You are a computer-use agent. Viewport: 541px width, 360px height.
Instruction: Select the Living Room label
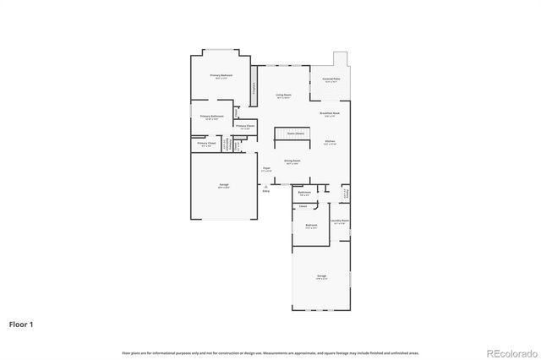283,95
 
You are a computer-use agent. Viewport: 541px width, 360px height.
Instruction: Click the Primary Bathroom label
212,117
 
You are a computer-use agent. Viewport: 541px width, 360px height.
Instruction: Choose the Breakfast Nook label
330,113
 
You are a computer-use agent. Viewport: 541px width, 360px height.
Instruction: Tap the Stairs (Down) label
295,134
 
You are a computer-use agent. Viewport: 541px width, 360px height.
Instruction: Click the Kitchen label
330,142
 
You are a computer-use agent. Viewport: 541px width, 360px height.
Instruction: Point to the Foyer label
265,169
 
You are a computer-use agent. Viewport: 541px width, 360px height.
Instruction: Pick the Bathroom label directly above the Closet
303,193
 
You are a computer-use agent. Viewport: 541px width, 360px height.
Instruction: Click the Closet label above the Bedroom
302,205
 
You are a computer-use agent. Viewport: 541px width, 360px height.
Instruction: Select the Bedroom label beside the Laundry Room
311,226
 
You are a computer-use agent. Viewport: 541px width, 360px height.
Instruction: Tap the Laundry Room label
340,221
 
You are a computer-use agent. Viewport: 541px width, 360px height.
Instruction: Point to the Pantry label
345,194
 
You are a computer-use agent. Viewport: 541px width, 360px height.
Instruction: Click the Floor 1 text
21,324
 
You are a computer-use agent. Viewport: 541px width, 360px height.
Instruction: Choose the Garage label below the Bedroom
321,276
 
